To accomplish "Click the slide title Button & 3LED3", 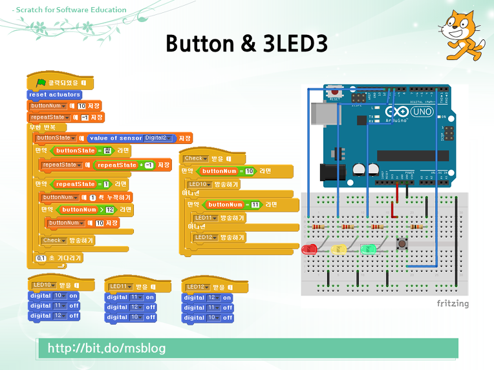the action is [x=246, y=43].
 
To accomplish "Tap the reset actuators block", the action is [x=55, y=94].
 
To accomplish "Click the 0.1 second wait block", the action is [x=59, y=258].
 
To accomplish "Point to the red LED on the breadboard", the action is [x=309, y=249].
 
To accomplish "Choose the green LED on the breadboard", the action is [x=367, y=249].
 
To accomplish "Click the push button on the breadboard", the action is [x=401, y=243].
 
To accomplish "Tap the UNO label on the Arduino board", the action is [x=422, y=112].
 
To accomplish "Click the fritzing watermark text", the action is [x=453, y=303].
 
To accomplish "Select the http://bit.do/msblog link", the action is [x=107, y=349].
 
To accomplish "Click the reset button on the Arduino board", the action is [x=334, y=92].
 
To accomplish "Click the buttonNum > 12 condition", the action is [x=87, y=210].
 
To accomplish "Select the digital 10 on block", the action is [x=54, y=295].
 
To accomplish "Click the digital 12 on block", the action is [x=208, y=298].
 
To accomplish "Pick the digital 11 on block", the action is [x=131, y=297].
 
